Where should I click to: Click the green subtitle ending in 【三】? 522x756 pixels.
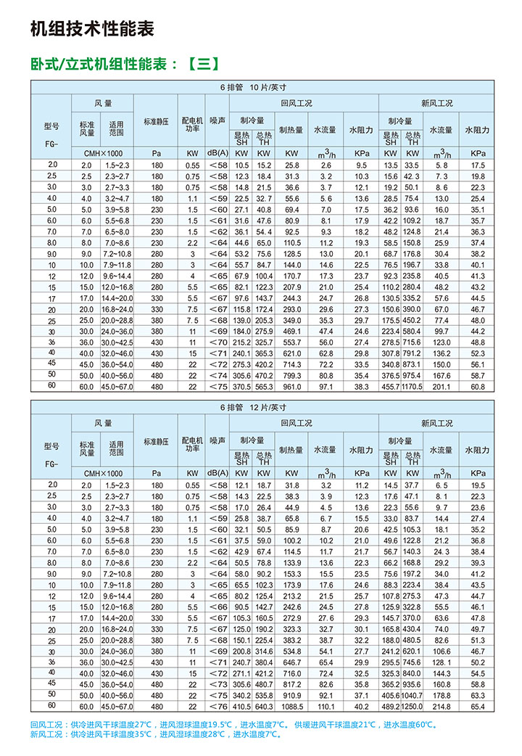click(x=124, y=63)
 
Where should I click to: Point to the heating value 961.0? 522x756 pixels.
click(x=291, y=387)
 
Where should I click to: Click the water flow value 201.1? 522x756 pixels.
click(x=442, y=387)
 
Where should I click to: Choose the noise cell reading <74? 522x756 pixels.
click(x=217, y=376)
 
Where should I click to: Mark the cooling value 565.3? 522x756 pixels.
click(x=264, y=387)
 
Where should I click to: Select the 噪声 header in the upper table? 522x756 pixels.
click(x=217, y=121)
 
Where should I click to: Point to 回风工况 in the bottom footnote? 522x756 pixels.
click(x=46, y=724)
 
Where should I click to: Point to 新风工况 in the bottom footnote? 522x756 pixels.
click(x=46, y=734)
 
